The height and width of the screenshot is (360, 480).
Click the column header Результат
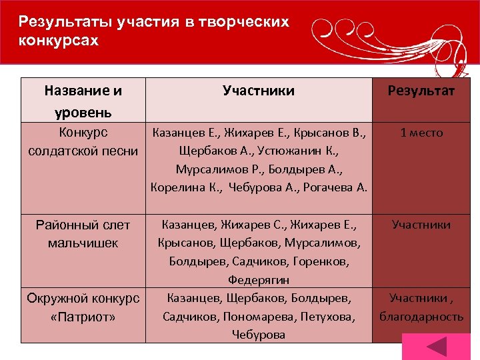click(x=421, y=91)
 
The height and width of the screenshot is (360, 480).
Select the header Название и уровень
click(x=83, y=99)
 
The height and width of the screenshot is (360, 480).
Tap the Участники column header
click(x=259, y=91)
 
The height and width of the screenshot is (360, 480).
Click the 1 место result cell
click(x=421, y=133)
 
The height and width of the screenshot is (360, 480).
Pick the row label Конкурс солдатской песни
click(x=83, y=141)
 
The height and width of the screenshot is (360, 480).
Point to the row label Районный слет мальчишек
click(x=83, y=233)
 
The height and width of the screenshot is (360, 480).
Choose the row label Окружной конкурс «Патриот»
click(x=83, y=306)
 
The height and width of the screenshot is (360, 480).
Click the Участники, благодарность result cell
click(x=421, y=307)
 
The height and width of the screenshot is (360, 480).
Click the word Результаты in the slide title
click(x=57, y=22)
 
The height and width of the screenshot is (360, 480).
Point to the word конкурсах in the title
click(x=59, y=40)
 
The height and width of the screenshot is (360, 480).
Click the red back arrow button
click(x=437, y=347)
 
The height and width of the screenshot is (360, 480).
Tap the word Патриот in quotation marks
click(x=83, y=316)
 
